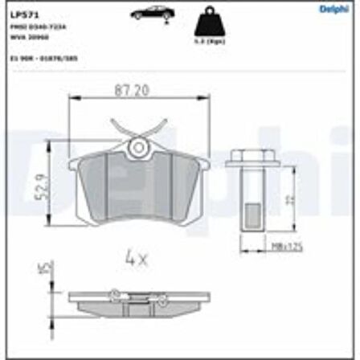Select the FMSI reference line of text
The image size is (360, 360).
pyautogui.click(x=36, y=27)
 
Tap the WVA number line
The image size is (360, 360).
pyautogui.click(x=29, y=35)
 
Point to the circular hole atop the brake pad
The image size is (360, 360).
pyautogui.click(x=139, y=148)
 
